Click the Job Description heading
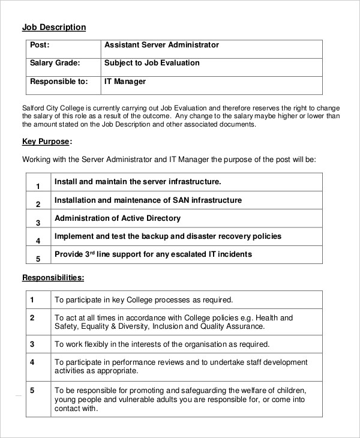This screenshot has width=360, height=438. (x=54, y=27)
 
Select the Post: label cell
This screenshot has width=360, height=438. (x=40, y=45)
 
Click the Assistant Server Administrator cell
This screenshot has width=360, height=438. (x=161, y=45)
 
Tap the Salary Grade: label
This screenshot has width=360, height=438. (x=55, y=63)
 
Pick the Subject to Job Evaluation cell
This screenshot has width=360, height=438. (x=152, y=63)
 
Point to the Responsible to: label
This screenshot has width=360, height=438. (x=58, y=81)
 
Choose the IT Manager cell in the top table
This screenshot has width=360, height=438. (x=125, y=81)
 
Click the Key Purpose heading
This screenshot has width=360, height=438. (x=46, y=142)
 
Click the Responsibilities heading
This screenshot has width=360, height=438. (x=53, y=278)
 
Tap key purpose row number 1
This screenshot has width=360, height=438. (x=38, y=186)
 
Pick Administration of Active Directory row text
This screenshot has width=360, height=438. (x=117, y=218)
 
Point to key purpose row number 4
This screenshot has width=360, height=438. (x=38, y=241)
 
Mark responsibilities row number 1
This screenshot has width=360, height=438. (x=32, y=299)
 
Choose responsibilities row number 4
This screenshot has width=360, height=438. (x=32, y=362)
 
